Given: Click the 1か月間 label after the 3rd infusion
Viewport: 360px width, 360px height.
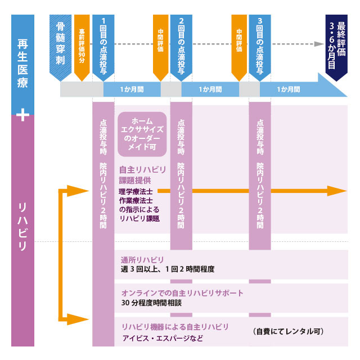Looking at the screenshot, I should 289,89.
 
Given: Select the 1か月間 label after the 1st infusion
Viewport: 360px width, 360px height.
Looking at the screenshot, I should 132,89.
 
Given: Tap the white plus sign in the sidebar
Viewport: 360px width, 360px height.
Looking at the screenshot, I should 22,115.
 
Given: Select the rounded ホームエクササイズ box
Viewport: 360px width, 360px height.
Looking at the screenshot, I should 142,134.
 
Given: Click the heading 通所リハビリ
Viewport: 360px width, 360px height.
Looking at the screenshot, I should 142,260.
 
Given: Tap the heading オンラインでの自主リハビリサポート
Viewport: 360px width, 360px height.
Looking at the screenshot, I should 182,293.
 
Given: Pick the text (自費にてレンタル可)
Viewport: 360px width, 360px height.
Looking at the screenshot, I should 287,331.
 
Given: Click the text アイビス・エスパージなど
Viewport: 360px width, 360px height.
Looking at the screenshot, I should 162,338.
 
